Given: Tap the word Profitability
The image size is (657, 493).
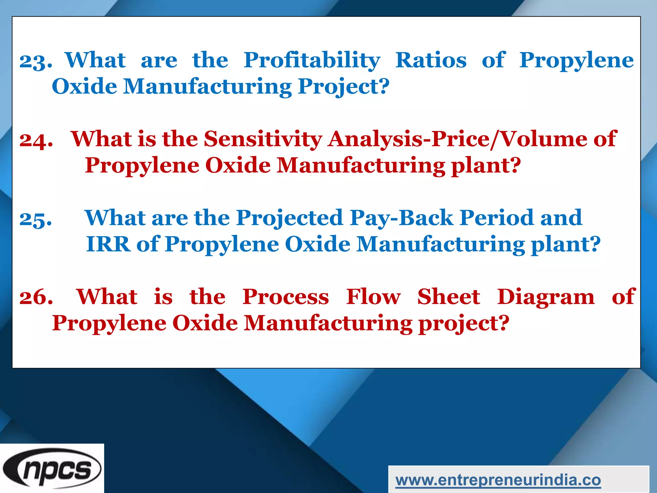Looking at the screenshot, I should pos(312,60).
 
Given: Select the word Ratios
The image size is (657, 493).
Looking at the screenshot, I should pos(431,60).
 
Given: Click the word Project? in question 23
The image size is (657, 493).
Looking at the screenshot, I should pos(343,87).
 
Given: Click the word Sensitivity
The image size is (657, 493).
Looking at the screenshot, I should pos(263,139).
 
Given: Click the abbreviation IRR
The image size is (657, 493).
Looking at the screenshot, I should pos(108,244).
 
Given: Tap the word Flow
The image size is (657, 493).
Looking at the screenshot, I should pos(373,297).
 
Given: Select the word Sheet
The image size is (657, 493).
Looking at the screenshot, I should pos(448,297).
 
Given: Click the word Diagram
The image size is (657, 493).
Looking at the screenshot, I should pos(546,297).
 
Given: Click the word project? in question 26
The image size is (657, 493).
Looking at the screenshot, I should pos(464,323).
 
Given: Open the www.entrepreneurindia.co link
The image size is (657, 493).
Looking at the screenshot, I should pos(498,480).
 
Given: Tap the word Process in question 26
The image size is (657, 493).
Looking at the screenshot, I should pos(286,297).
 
